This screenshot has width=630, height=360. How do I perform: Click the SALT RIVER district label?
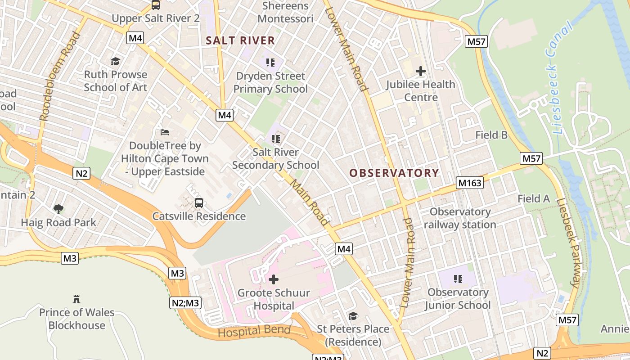pos(240,40)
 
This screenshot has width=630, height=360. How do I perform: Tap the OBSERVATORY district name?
pos(394,173)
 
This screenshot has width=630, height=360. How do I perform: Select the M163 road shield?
pos(470,183)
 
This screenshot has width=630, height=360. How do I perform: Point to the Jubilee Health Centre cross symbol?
pos(421,71)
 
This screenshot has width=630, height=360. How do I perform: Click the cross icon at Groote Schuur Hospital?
pos(274,279)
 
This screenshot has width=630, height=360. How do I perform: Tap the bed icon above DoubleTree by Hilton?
pos(165,132)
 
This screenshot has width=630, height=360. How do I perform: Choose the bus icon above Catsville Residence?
pos(199,203)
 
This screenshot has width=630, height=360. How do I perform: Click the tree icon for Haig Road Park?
pos(58,209)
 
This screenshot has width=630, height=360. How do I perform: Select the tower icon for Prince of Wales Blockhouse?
pos(76,299)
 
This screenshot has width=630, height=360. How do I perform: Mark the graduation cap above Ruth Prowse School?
pos(116,61)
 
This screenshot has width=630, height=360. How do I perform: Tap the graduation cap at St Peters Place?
pos(353,316)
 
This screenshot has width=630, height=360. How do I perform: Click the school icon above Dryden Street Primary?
pos(270,63)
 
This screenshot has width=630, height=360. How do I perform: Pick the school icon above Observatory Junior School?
pos(459,279)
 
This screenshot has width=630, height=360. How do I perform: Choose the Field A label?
pos(534,198)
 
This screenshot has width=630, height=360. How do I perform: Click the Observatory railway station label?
pos(460,218)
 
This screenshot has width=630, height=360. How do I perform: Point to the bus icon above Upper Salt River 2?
pos(156,5)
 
